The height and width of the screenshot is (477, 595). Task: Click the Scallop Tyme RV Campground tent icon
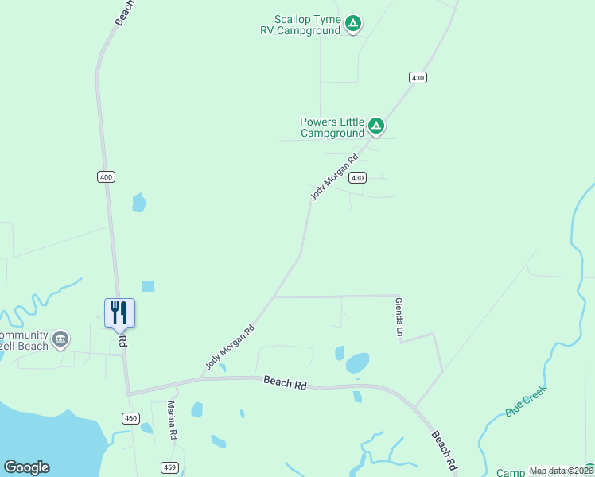[354, 25]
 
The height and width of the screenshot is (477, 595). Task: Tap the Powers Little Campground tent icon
[376, 126]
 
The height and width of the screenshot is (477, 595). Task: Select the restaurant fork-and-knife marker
[119, 312]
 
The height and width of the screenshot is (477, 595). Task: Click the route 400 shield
[106, 176]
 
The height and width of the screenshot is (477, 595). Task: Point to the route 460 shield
[131, 418]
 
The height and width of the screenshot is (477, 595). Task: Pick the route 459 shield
[169, 466]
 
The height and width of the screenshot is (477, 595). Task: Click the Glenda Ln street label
[398, 316]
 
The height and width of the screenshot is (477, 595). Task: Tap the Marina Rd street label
[171, 421]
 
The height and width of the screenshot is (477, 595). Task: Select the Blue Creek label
[527, 401]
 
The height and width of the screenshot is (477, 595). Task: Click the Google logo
[26, 467]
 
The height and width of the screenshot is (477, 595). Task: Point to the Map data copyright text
[561, 471]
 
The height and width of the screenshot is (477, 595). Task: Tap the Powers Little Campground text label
[332, 127]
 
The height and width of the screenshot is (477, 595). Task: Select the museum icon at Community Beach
[60, 341]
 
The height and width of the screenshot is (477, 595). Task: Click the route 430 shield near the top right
[418, 77]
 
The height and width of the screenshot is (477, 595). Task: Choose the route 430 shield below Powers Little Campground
[358, 177]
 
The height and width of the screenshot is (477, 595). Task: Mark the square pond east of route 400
[148, 286]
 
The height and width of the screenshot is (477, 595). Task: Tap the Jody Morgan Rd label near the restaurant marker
[231, 347]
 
